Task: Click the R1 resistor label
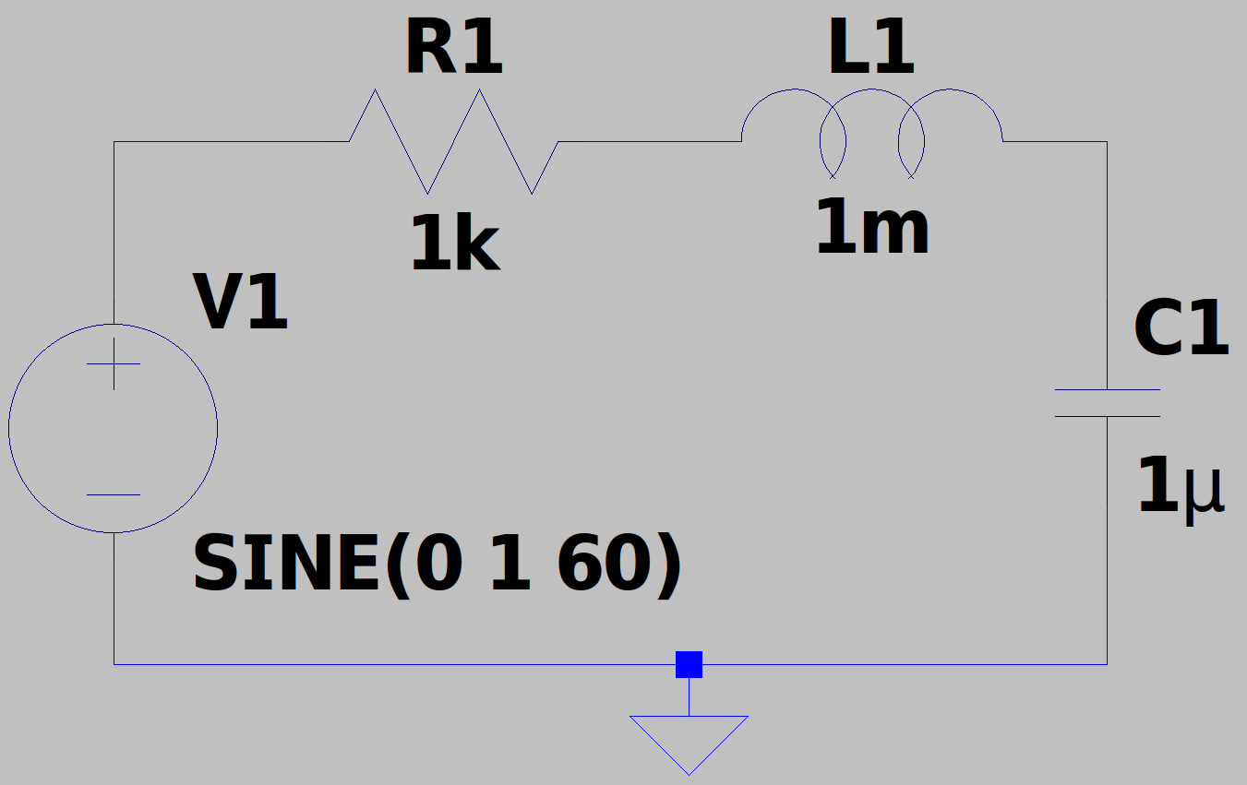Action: [x=454, y=47]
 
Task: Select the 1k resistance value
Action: [x=455, y=244]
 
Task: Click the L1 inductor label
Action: [x=871, y=47]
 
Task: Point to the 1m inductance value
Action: [x=872, y=226]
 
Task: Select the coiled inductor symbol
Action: [x=871, y=89]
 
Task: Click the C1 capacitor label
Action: [x=1181, y=327]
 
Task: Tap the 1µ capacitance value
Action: [x=1181, y=487]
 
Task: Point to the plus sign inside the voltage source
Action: [x=114, y=363]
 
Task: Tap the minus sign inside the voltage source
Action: [x=114, y=494]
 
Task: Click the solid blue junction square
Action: [x=689, y=664]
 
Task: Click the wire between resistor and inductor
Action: [x=650, y=142]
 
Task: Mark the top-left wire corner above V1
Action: [x=114, y=142]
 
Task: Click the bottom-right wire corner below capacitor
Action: [x=1108, y=664]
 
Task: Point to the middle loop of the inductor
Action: [x=871, y=89]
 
